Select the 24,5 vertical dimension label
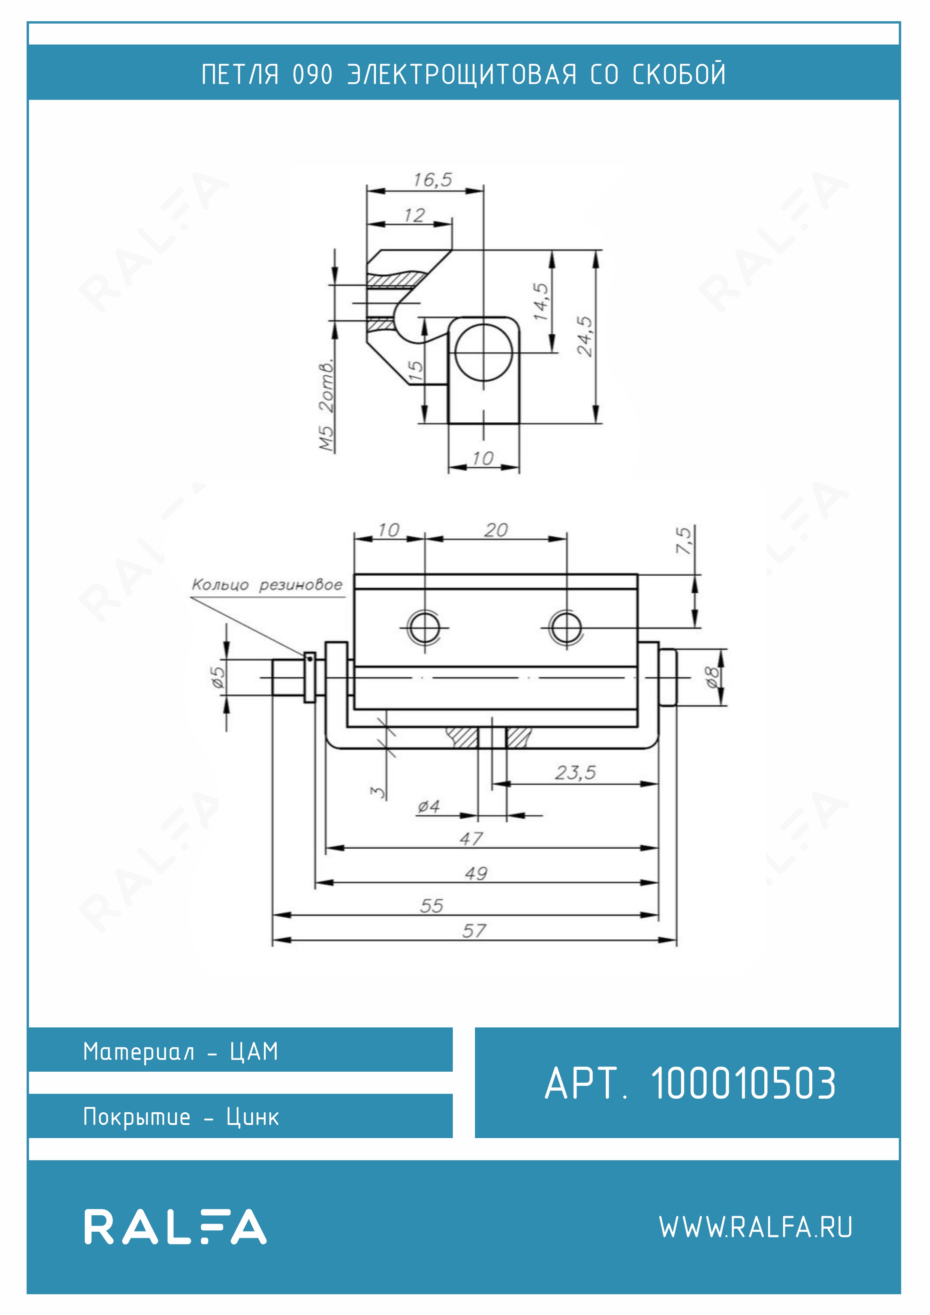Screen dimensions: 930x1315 (585, 336)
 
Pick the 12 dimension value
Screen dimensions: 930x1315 (414, 215)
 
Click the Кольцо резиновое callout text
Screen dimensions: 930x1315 (267, 585)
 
